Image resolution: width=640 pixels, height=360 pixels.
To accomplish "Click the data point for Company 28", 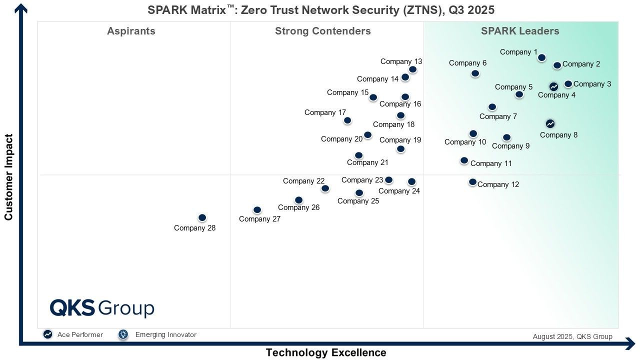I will pos(202,217).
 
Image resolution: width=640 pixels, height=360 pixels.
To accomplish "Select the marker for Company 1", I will pos(541,57).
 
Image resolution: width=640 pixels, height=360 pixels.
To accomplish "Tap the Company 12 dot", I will pos(472,182).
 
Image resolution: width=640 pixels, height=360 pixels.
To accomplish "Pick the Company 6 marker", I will pos(475,73).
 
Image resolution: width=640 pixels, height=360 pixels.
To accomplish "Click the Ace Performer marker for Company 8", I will pos(550,123).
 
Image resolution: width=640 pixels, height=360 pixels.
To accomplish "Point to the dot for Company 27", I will pos(257,210).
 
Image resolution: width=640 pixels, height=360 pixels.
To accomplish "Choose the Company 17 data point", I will pos(347,120).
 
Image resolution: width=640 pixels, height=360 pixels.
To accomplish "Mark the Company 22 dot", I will pos(325,188).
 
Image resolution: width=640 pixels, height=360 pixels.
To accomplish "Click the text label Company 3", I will pos(592,84).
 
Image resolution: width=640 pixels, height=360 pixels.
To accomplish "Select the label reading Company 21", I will pos(367,162).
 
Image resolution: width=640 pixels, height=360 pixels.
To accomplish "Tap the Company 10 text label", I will pos(465,142).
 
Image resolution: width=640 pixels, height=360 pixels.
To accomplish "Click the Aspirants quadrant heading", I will pos(131,31).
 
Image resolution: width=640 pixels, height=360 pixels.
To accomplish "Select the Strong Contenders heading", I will pos(322,31).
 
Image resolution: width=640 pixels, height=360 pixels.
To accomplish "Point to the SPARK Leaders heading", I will pos(520,31).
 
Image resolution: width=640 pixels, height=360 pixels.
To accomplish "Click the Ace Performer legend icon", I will pos(47,334).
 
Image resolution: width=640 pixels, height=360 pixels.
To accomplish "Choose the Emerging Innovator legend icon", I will pos(123,334).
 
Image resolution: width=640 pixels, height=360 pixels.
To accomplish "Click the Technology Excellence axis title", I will pos(326,352).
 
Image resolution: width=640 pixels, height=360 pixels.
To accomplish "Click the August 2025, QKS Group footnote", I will pos(572,336).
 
